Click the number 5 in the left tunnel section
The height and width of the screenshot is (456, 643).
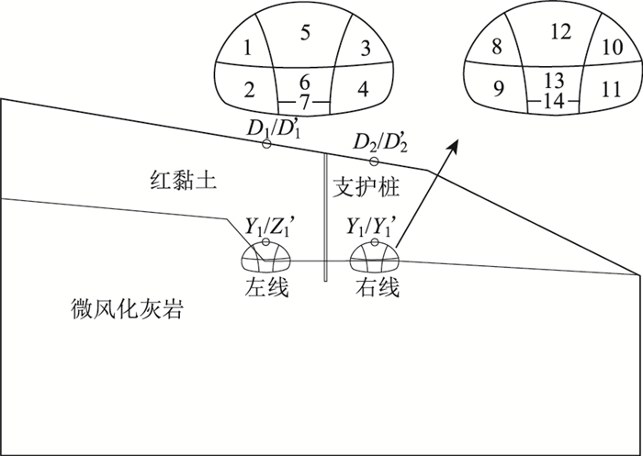(306, 33)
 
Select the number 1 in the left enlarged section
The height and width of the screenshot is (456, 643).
(248, 47)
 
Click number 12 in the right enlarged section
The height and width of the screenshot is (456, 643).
(561, 32)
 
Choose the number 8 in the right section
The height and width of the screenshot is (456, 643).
(497, 46)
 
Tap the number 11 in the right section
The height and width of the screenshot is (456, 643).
(611, 89)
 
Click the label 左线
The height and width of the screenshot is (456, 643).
(266, 287)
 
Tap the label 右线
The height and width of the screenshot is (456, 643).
(377, 287)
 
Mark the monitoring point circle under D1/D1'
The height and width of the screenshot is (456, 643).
(266, 145)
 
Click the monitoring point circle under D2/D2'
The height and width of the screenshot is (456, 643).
(373, 161)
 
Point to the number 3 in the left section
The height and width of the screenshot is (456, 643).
(365, 47)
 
